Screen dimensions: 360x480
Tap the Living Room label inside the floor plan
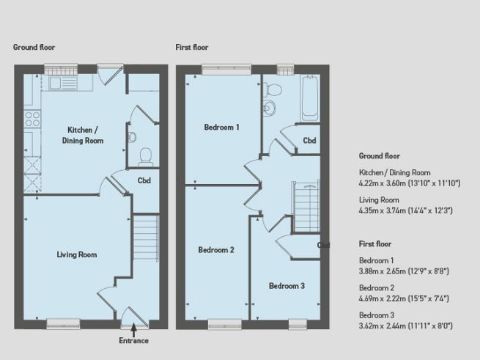tap(77, 254)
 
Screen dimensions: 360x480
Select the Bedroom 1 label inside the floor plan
tap(221, 128)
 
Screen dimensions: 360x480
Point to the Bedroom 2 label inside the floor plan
tap(216, 250)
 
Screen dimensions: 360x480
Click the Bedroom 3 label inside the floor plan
tap(286, 285)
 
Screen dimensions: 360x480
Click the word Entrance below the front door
tap(133, 341)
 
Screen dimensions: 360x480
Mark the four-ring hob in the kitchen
tap(32, 118)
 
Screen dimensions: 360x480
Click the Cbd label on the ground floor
tap(144, 180)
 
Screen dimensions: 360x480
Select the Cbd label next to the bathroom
tap(309, 141)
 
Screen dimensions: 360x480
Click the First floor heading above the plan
tap(191, 48)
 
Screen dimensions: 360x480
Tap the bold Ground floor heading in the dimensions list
tap(379, 156)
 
